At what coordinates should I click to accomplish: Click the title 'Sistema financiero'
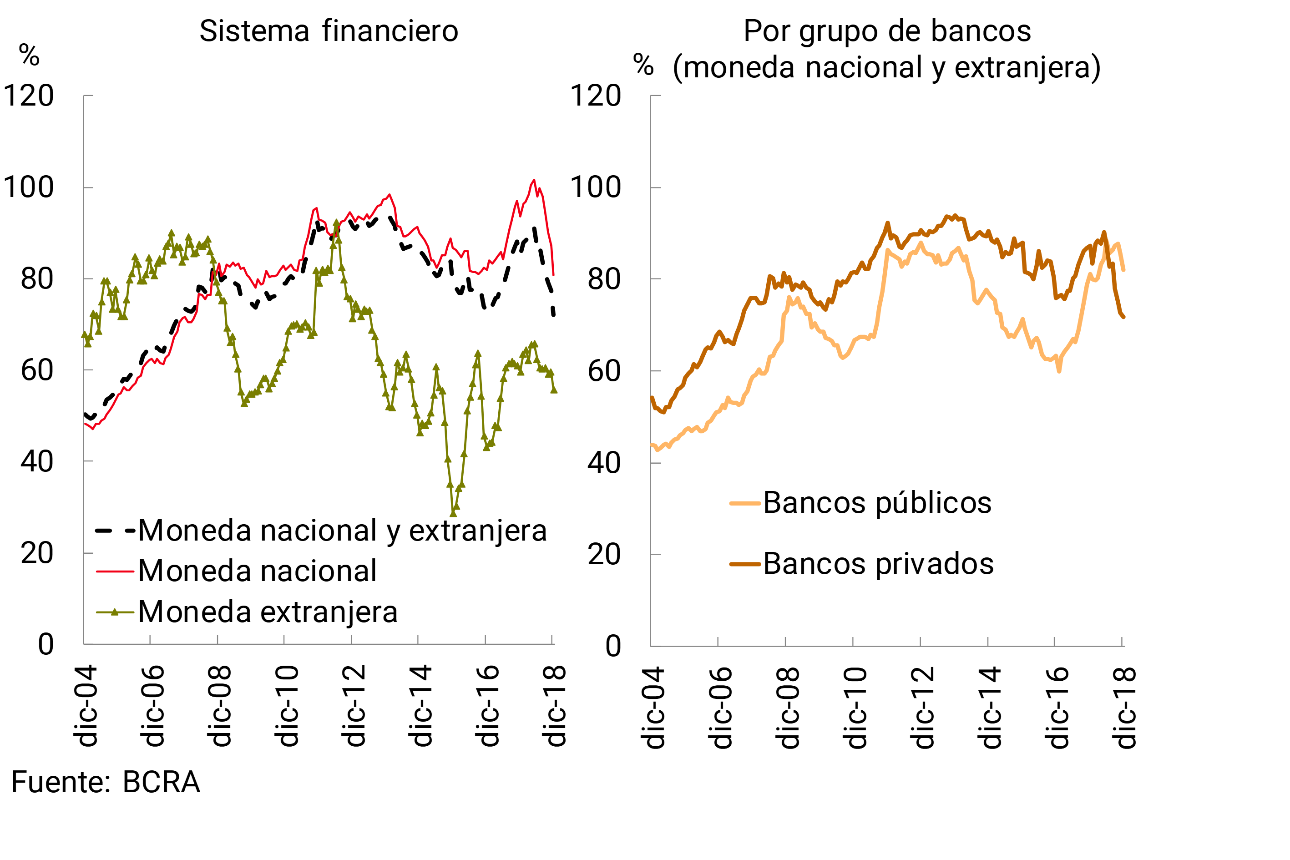pos(329,31)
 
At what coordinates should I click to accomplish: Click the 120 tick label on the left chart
pos(29,96)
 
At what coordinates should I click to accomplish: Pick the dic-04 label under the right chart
pos(654,708)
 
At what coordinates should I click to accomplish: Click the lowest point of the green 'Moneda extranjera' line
pos(453,513)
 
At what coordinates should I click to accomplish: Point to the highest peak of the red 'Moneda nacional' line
pos(534,180)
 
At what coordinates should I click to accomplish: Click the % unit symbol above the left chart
pos(29,56)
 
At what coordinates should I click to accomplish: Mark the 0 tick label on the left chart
pos(46,644)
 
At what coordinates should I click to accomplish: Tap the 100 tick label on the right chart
pos(596,187)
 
